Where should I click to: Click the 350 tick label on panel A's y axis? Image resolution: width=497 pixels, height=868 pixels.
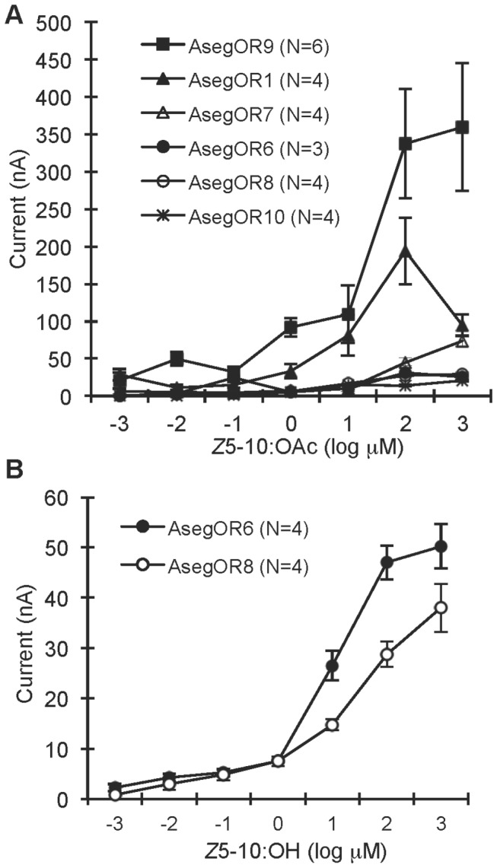(x=53, y=135)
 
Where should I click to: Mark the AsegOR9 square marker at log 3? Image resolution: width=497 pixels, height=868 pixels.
(x=461, y=128)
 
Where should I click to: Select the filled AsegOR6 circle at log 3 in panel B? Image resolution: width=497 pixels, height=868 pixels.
(x=461, y=547)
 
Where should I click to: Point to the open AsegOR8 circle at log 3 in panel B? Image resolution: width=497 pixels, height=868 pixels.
(x=461, y=608)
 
